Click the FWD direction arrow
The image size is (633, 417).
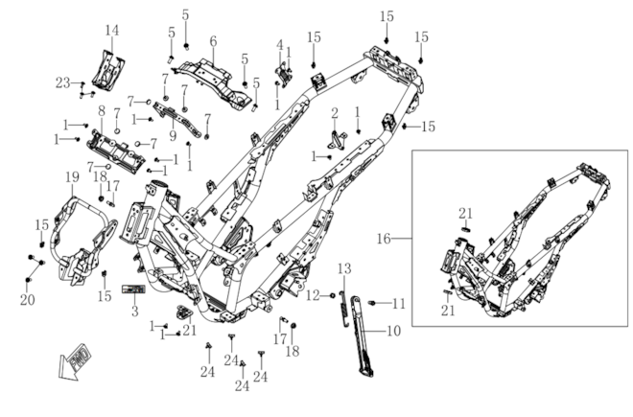click(75, 362)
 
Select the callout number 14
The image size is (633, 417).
click(112, 30)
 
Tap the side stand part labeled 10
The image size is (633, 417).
click(363, 336)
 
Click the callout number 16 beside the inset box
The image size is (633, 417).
click(384, 239)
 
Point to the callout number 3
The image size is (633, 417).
click(135, 312)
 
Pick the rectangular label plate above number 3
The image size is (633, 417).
click(133, 290)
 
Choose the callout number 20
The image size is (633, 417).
click(28, 300)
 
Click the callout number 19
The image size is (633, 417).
click(72, 176)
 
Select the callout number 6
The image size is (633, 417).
click(213, 41)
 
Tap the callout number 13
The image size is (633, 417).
click(344, 268)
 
